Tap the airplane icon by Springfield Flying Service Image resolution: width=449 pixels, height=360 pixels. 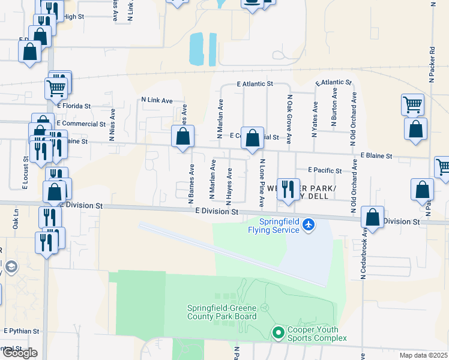(309, 224)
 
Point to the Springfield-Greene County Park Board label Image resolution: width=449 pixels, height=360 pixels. (221, 313)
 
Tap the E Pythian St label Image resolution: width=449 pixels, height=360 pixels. (22, 331)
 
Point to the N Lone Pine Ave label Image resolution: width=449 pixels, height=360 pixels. (261, 183)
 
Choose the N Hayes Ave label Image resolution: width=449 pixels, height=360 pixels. (229, 183)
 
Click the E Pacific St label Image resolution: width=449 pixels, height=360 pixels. (324, 170)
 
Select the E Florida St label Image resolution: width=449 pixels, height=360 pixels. (73, 106)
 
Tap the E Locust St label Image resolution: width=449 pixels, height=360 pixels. (26, 173)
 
